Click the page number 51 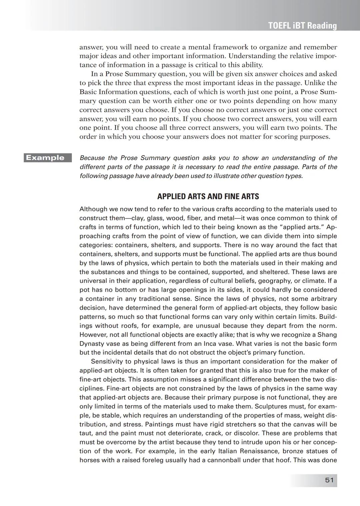click(x=329, y=480)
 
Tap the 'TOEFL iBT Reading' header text click(x=302, y=26)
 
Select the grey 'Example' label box click(x=48, y=158)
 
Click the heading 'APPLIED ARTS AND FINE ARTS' click(x=208, y=197)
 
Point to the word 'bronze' click(x=301, y=451)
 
